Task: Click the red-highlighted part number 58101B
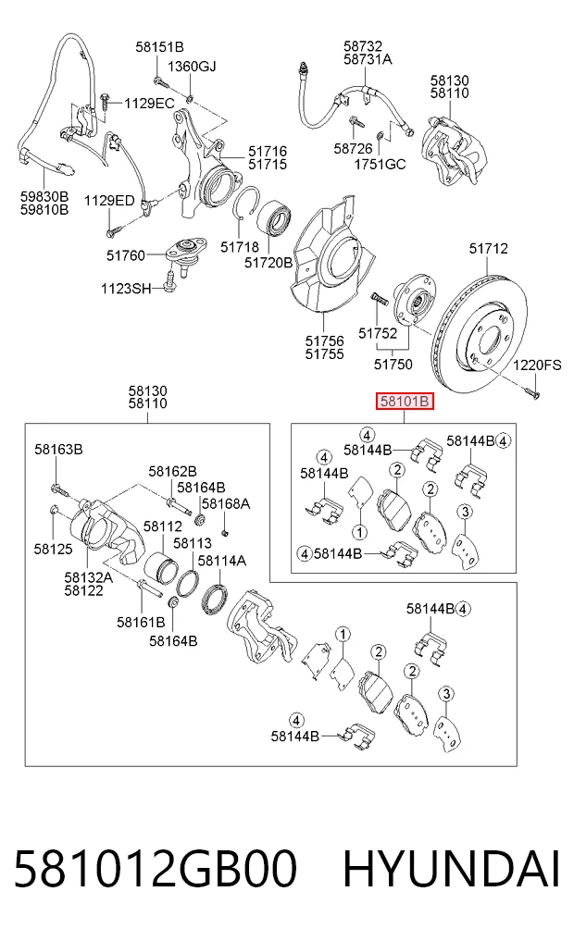click(x=404, y=402)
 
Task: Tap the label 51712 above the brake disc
click(x=488, y=249)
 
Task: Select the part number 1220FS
click(x=537, y=365)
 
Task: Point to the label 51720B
click(x=268, y=263)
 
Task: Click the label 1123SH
click(x=126, y=289)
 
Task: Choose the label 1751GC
click(x=381, y=164)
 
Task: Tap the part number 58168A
click(x=226, y=503)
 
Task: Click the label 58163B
click(x=58, y=449)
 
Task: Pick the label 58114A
click(x=222, y=561)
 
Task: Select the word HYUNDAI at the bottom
click(x=452, y=869)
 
